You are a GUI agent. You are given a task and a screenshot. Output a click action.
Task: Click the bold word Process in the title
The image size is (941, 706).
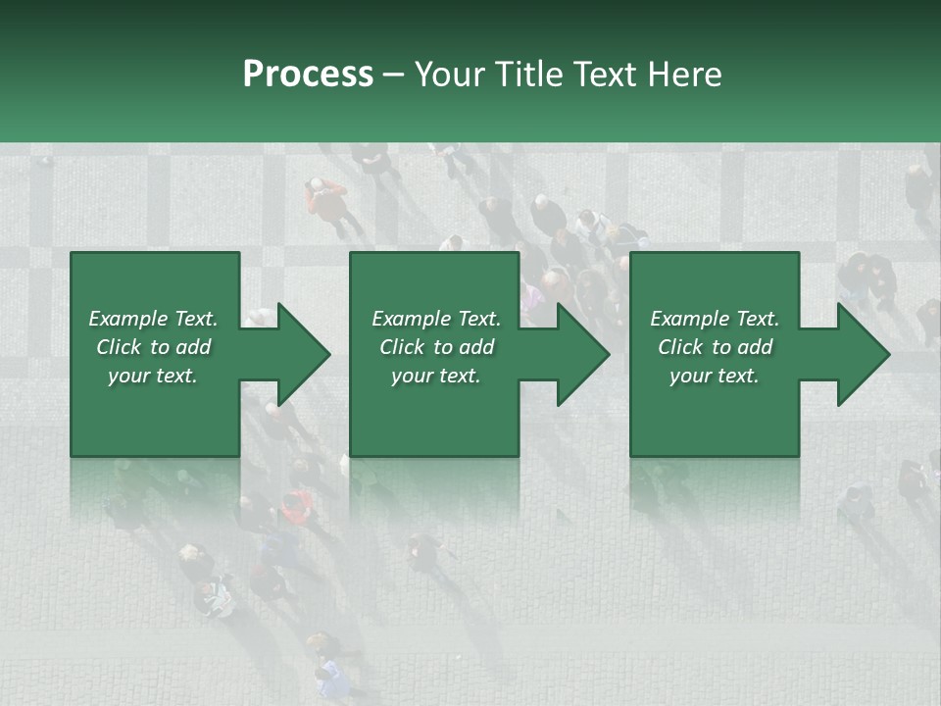click(308, 75)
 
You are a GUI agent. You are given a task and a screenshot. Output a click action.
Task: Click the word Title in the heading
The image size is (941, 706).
click(530, 75)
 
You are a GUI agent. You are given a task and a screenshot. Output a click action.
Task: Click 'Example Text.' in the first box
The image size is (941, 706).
click(153, 319)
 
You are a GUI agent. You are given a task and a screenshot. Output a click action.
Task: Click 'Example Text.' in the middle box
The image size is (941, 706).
click(436, 319)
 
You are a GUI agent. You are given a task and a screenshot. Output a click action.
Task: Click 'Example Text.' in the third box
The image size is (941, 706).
click(715, 319)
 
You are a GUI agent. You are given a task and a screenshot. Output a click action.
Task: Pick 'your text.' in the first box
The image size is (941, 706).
click(153, 376)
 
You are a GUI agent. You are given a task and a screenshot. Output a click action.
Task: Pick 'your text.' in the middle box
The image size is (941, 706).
click(436, 376)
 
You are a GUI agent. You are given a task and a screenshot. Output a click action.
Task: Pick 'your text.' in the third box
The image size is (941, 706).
click(715, 376)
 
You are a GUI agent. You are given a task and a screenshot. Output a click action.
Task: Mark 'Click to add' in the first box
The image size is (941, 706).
click(153, 347)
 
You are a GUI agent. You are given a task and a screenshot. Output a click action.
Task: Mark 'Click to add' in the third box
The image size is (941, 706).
click(715, 347)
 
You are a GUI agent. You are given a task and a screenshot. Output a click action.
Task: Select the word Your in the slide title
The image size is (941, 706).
click(451, 75)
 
